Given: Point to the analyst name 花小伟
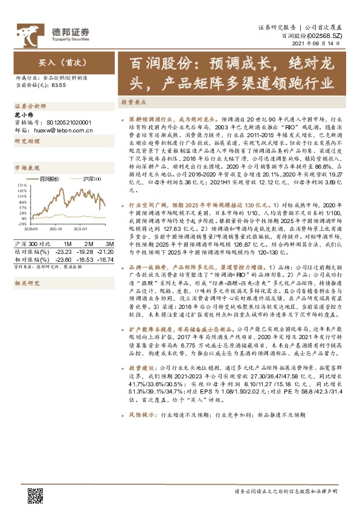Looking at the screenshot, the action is (x=24, y=114).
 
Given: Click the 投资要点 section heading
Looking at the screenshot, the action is (x=134, y=103).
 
